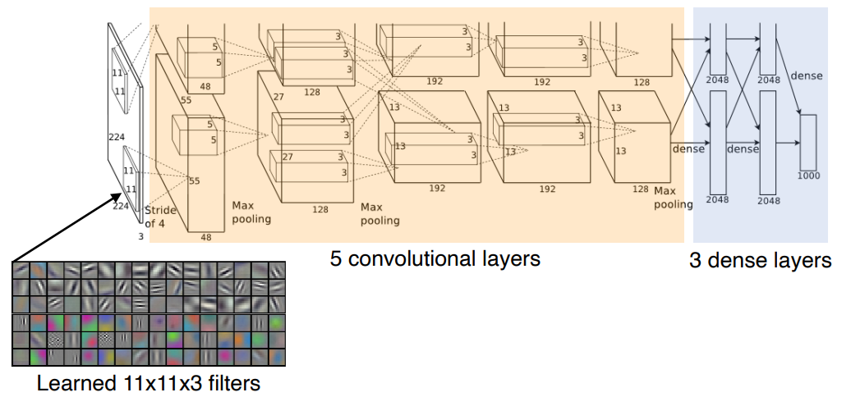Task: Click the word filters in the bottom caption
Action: (x=233, y=382)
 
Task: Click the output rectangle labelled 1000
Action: (x=807, y=141)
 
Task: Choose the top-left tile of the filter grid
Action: (x=21, y=270)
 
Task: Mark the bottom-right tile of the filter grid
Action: (x=276, y=357)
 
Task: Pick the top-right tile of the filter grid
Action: (x=276, y=270)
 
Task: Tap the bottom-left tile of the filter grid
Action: (x=21, y=357)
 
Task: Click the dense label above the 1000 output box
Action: (x=806, y=75)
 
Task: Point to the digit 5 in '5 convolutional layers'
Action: (x=336, y=259)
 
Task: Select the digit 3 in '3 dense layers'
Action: (x=695, y=261)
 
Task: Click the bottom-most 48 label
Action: (x=206, y=237)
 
